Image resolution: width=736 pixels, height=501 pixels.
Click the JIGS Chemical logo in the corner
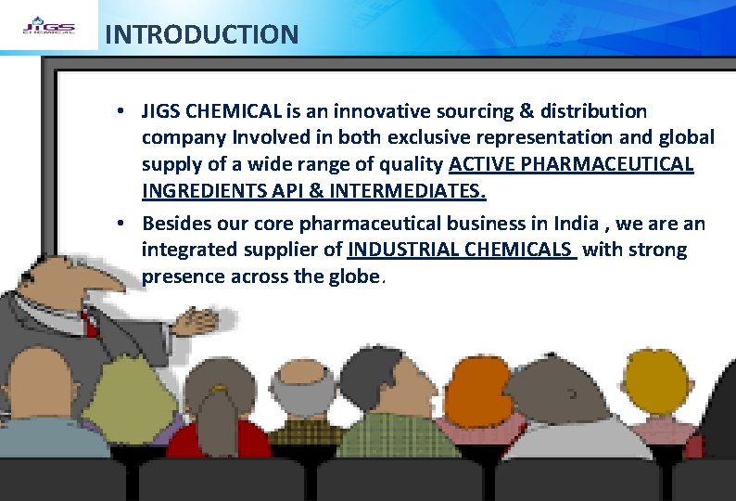click(x=47, y=25)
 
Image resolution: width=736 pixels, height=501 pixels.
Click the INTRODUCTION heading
click(x=201, y=35)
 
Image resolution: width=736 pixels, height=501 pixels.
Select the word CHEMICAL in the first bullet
click(x=235, y=111)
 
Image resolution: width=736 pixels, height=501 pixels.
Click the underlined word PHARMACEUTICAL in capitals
click(x=615, y=164)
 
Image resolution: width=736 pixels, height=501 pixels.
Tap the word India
click(x=576, y=224)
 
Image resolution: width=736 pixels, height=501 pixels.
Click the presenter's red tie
click(x=90, y=324)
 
